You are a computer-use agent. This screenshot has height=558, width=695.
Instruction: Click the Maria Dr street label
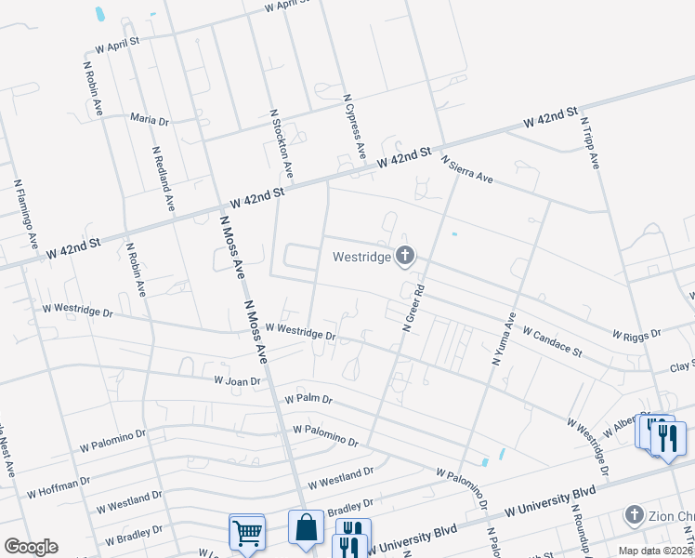tap(150, 120)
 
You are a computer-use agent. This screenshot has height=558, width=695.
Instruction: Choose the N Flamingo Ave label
tap(25, 214)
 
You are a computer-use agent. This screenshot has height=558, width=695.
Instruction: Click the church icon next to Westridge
tap(404, 255)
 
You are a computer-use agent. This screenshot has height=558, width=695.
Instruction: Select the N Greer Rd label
tap(413, 307)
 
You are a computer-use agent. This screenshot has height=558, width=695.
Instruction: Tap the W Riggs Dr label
tap(636, 333)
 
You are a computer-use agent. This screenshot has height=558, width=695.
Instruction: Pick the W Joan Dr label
tap(237, 380)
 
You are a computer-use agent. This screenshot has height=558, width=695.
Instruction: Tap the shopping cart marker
tap(247, 532)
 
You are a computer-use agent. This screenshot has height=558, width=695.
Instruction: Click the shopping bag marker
tap(306, 527)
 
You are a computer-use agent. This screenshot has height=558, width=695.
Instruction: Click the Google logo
tap(31, 547)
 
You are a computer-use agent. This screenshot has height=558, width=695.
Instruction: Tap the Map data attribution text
tap(655, 551)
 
